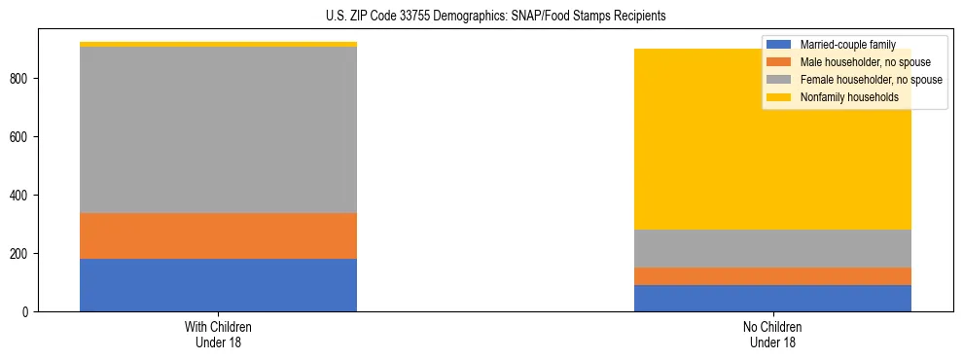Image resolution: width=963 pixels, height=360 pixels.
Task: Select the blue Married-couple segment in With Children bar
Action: [218, 285]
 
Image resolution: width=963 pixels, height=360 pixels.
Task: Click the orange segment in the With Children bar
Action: [218, 235]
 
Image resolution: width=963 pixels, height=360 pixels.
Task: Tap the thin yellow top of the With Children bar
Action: [218, 44]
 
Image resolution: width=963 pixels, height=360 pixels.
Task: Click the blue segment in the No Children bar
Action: [772, 298]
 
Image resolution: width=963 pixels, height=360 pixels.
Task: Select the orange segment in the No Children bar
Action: [772, 276]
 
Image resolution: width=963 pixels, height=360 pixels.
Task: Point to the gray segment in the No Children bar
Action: [772, 248]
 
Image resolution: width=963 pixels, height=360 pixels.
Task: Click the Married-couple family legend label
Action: [846, 45]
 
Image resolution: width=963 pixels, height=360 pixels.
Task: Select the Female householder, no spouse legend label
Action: [870, 80]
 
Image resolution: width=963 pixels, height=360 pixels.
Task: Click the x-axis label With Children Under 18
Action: [218, 334]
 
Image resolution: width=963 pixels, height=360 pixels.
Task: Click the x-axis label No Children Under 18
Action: [772, 334]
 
